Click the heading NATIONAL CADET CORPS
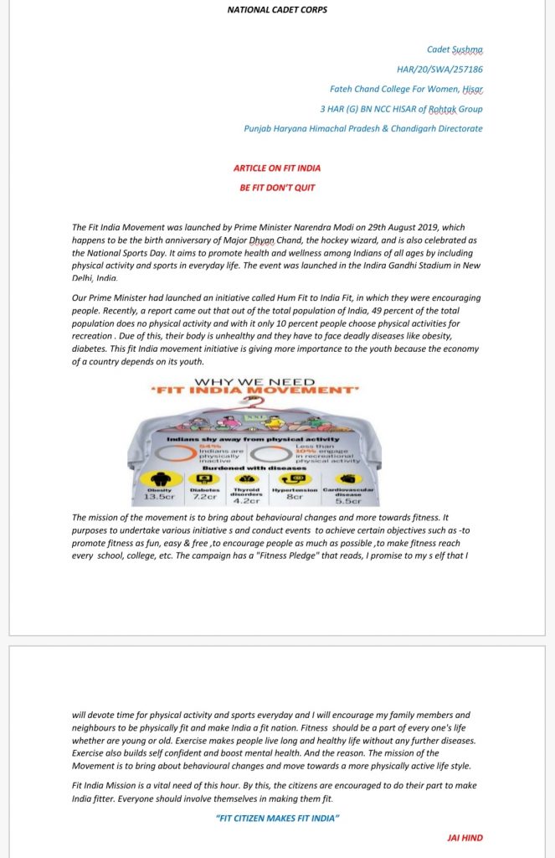point(277,10)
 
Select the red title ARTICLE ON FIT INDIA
point(277,168)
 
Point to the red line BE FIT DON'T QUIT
point(277,188)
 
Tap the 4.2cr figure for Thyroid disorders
point(247,501)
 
